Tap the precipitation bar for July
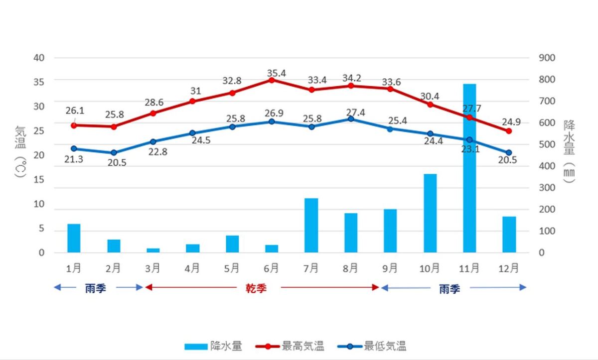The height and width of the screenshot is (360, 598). tap(311, 225)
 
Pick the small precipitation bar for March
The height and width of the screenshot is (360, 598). tap(153, 250)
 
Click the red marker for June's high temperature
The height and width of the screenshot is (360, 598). tap(272, 80)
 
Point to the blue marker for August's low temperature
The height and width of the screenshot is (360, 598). tap(351, 119)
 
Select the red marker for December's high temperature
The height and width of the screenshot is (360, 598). tap(509, 131)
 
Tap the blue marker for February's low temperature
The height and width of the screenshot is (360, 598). tap(114, 153)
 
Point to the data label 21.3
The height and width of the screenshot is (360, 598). tap(74, 159)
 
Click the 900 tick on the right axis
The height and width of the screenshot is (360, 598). tap(547, 58)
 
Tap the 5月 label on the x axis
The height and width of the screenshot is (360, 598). tap(232, 268)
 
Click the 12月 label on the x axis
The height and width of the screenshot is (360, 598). tap(508, 268)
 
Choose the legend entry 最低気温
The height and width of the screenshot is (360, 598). tap(385, 346)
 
